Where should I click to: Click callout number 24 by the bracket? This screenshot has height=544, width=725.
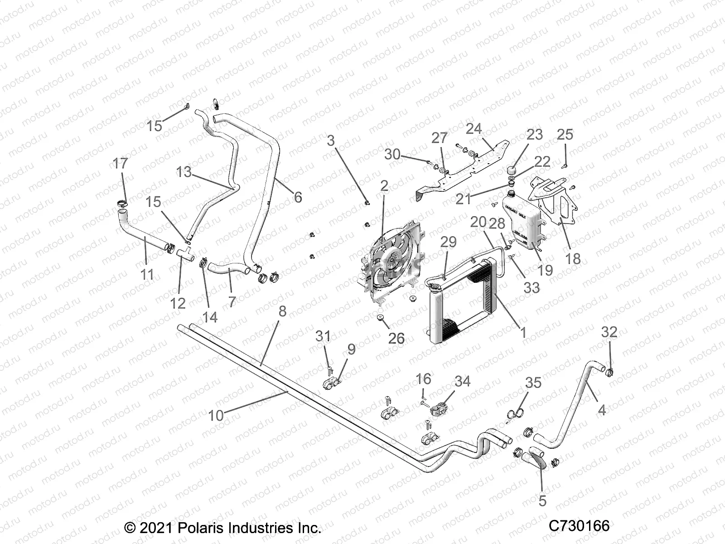[474, 129]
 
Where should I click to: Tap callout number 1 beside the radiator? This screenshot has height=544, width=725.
[523, 332]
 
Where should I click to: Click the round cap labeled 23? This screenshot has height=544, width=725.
[512, 170]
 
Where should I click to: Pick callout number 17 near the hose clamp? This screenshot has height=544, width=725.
[120, 163]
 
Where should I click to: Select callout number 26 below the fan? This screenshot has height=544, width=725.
[396, 338]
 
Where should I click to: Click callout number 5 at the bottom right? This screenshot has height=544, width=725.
[542, 501]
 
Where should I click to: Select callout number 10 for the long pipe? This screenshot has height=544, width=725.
[216, 415]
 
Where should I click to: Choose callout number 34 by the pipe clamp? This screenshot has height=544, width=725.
[463, 381]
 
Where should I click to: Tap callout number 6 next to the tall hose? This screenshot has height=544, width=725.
[298, 197]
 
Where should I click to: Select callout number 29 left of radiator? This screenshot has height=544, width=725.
[449, 242]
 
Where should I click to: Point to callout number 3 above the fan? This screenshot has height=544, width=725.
[331, 141]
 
